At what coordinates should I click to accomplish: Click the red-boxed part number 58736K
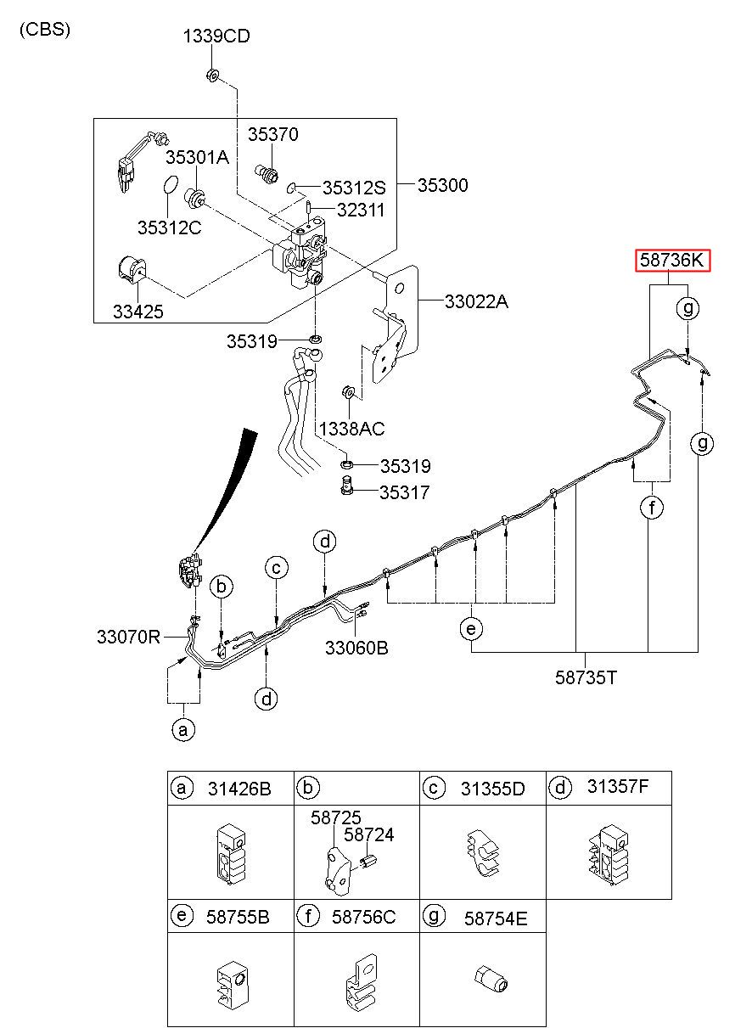(x=671, y=261)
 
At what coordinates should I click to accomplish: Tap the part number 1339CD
(x=216, y=36)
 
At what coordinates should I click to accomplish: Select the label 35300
(x=443, y=185)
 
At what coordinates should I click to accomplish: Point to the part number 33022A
(x=476, y=301)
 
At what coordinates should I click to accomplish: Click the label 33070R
(x=128, y=637)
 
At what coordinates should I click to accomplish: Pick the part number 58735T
(x=586, y=677)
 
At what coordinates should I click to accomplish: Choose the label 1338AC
(x=352, y=429)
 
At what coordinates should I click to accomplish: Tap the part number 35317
(x=405, y=492)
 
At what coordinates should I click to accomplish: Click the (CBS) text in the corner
(x=45, y=30)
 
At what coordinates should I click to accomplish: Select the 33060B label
(x=356, y=648)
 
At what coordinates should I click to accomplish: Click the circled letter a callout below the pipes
(x=183, y=729)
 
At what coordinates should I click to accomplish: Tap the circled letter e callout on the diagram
(x=471, y=629)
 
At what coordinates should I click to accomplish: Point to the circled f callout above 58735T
(x=652, y=508)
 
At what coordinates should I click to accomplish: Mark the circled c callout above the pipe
(x=276, y=568)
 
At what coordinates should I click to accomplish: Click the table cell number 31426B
(x=239, y=789)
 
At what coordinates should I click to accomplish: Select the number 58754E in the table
(x=496, y=918)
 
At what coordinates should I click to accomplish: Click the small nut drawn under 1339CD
(x=212, y=75)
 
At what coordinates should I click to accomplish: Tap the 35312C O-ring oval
(x=170, y=184)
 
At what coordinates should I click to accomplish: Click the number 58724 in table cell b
(x=369, y=834)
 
